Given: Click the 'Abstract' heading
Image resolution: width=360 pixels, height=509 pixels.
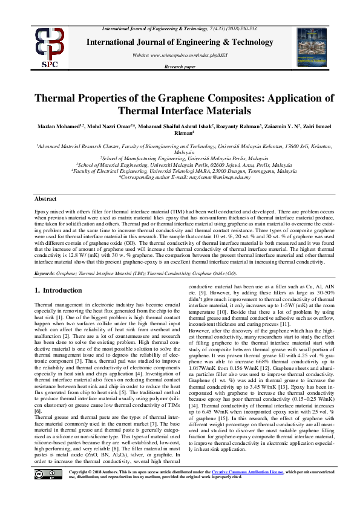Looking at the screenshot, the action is pyautogui.click(x=46, y=198).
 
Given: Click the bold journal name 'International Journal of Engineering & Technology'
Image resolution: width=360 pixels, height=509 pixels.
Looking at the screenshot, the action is pyautogui.click(x=180, y=42).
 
